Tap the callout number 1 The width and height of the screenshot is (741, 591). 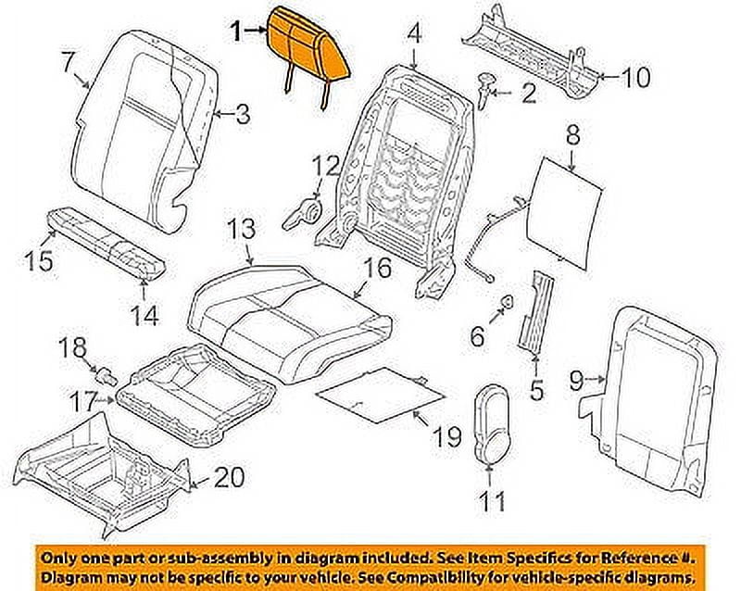point(237,32)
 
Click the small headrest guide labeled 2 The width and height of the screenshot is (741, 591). point(486,86)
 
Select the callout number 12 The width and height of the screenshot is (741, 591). point(325,168)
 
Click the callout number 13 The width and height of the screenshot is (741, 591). point(241,229)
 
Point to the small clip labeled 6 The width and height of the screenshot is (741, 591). point(509,302)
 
